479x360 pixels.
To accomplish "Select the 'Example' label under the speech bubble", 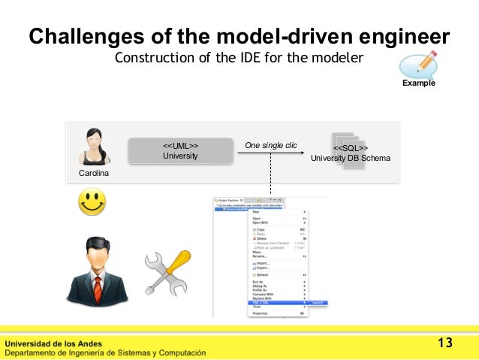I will pyautogui.click(x=418, y=83).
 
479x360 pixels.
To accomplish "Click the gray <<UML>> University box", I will pyautogui.click(x=180, y=150).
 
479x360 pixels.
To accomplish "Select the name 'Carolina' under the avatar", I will pyautogui.click(x=94, y=174).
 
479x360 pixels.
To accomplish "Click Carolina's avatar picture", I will pyautogui.click(x=94, y=147).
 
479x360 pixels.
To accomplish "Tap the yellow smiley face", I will pyautogui.click(x=92, y=202).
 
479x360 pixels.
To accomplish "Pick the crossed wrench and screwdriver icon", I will pyautogui.click(x=167, y=272).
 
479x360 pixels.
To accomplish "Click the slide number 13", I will pyautogui.click(x=445, y=343).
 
